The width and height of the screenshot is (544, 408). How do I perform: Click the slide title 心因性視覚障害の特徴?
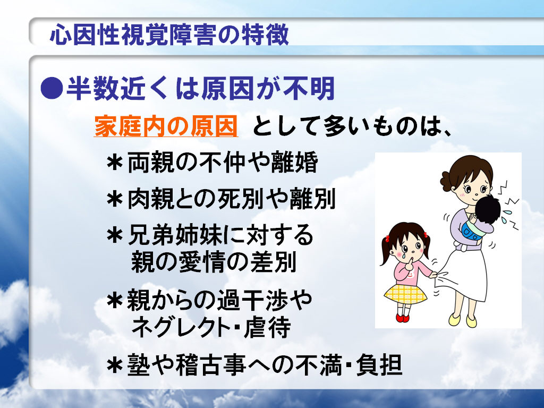pyautogui.click(x=169, y=35)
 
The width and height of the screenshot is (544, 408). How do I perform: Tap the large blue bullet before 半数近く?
pyautogui.click(x=52, y=88)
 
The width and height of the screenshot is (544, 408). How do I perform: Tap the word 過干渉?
pyautogui.click(x=252, y=300)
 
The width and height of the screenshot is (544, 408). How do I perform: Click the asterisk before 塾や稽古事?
pyautogui.click(x=115, y=365)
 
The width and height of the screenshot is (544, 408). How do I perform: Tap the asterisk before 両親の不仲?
pyautogui.click(x=115, y=163)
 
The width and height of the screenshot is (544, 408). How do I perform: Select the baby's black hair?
pyautogui.click(x=488, y=209)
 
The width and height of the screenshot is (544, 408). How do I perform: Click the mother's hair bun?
pyautogui.click(x=446, y=181)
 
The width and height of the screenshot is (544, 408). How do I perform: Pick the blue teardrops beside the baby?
pyautogui.click(x=508, y=216)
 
